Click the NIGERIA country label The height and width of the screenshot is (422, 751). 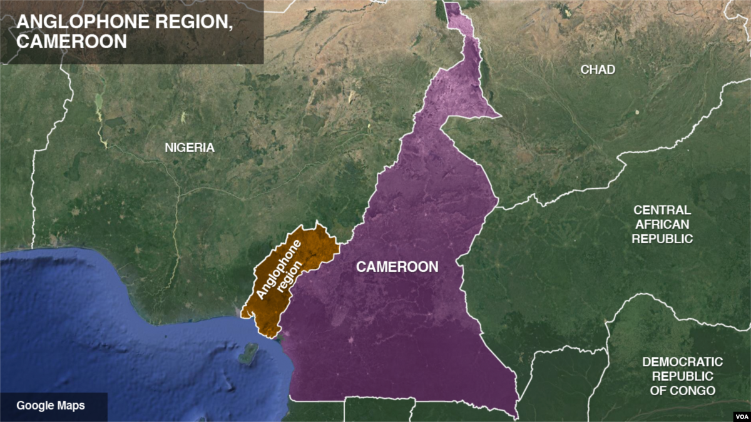pyautogui.click(x=189, y=148)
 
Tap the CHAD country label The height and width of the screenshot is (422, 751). pyautogui.click(x=598, y=69)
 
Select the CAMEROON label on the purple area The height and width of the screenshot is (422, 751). pyautogui.click(x=397, y=267)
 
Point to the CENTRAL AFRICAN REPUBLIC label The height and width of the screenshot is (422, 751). pyautogui.click(x=662, y=224)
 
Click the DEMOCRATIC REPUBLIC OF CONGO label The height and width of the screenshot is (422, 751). pyautogui.click(x=682, y=376)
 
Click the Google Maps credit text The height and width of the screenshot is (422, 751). pyautogui.click(x=51, y=405)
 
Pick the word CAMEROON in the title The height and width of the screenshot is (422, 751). pyautogui.click(x=72, y=41)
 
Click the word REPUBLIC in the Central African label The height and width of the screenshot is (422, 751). pyautogui.click(x=662, y=239)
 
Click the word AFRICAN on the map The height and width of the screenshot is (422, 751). pyautogui.click(x=662, y=224)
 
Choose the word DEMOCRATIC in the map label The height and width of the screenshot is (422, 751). pyautogui.click(x=682, y=362)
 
